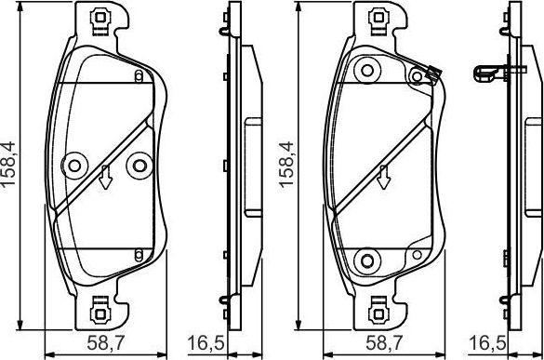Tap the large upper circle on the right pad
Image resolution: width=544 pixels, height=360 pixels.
click(365, 67)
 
